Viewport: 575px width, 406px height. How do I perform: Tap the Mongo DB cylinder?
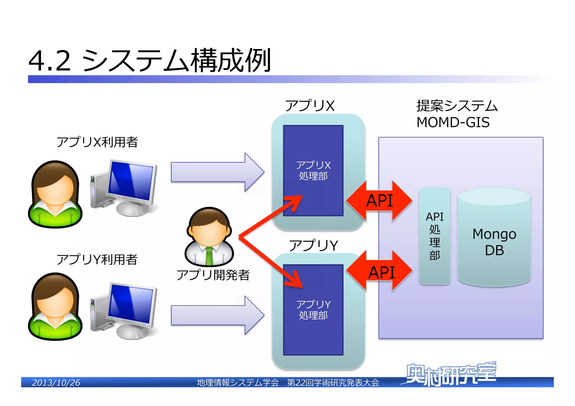[x=494, y=241]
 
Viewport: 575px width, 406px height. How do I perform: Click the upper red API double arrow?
[x=379, y=201]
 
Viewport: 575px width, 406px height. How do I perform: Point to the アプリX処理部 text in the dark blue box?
[x=313, y=170]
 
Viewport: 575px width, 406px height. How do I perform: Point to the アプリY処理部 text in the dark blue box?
[x=313, y=309]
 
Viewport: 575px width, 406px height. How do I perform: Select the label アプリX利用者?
[x=97, y=142]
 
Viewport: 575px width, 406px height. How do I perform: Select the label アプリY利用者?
[x=97, y=260]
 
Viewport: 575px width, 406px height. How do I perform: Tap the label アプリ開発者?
[x=213, y=275]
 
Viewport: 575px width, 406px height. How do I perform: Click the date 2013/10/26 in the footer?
[x=56, y=382]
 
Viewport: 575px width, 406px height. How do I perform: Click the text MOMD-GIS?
[x=453, y=122]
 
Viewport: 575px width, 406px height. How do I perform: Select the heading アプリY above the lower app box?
[x=313, y=246]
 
